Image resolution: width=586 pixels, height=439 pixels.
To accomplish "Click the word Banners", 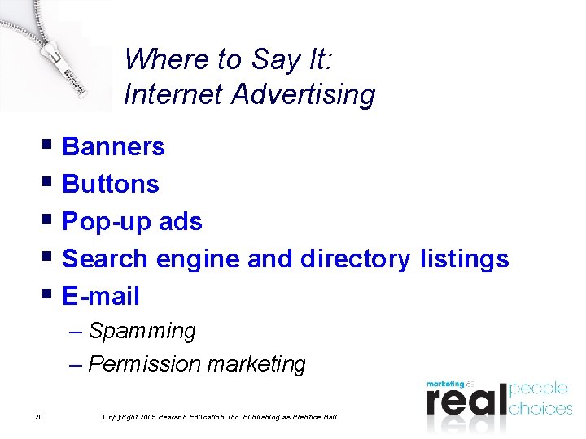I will [x=113, y=147].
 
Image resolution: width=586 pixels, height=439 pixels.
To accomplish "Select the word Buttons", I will [x=111, y=185].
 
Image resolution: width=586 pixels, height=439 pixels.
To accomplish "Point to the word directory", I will [x=355, y=259].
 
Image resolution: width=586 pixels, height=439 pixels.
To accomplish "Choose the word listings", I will [x=464, y=259].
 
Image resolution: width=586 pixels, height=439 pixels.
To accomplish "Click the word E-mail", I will [x=101, y=297].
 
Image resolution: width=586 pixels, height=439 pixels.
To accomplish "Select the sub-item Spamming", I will [x=142, y=332].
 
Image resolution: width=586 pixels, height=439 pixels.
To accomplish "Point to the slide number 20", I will [x=39, y=418].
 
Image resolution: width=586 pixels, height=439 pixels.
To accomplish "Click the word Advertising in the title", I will [x=303, y=94].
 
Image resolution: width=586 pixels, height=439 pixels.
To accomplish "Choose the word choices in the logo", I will [x=540, y=407].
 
